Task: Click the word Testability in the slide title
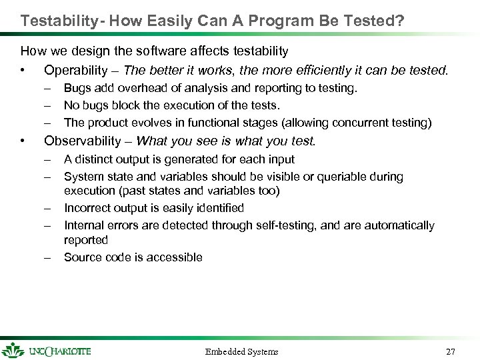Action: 58,21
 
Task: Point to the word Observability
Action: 83,141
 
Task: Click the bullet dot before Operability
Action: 23,70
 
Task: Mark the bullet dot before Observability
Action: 23,141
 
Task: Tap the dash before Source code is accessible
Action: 48,257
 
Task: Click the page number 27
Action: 451,351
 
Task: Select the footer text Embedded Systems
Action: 241,351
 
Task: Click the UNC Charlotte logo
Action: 47,350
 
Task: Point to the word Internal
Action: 83,225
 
